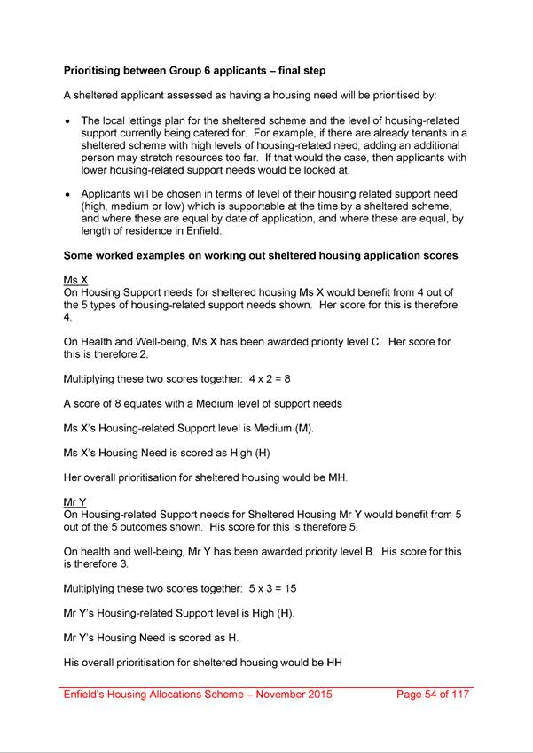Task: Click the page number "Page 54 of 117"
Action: coord(435,695)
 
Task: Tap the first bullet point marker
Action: coord(68,120)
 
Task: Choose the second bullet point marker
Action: coord(68,193)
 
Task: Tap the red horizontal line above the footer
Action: coord(266,686)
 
